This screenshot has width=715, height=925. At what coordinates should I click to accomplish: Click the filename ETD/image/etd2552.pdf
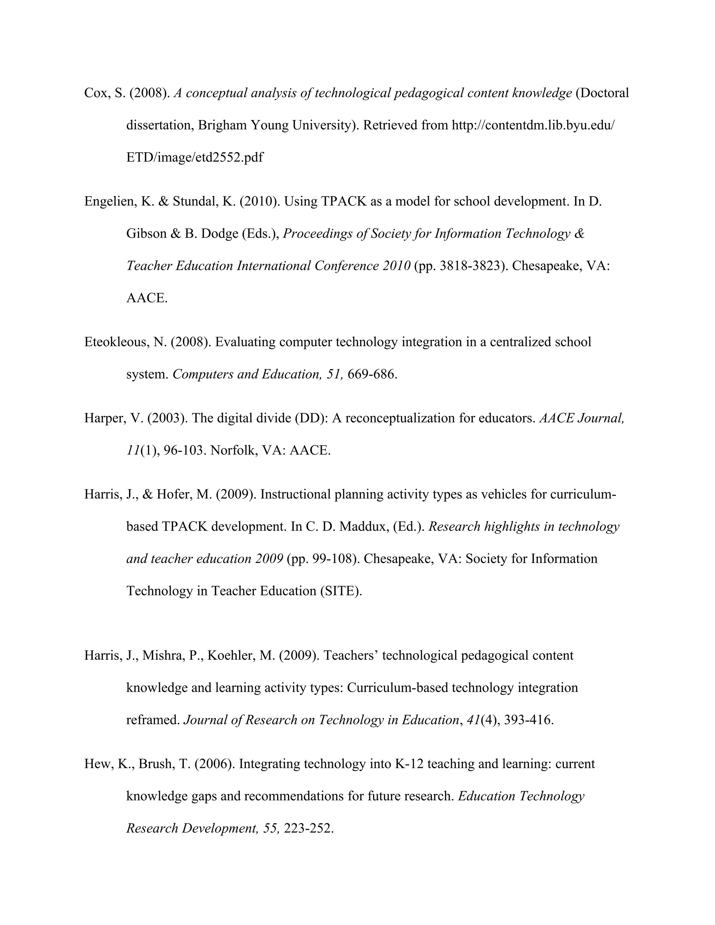point(194,157)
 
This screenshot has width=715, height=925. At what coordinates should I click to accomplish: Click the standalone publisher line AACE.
point(147,298)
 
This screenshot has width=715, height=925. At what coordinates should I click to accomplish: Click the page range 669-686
point(372,375)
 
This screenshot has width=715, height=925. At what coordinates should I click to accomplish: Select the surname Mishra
point(161,655)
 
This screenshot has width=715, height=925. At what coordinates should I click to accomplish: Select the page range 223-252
point(308,828)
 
